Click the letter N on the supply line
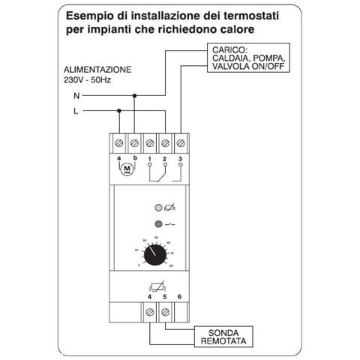[75, 96]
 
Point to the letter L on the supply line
[75, 110]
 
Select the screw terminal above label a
[119, 142]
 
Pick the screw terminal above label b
[135, 142]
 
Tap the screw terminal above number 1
[151, 142]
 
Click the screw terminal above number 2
[166, 142]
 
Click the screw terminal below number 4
[149, 310]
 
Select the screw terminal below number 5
[165, 310]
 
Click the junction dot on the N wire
[135, 96]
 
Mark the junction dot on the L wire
[119, 110]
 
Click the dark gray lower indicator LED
[157, 223]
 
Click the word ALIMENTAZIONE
[97, 69]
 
